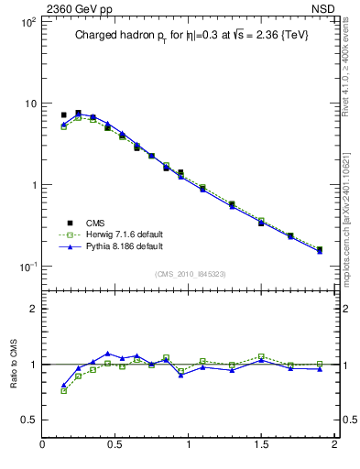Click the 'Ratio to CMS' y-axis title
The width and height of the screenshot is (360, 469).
pos(15,364)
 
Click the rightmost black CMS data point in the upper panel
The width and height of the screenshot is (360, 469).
pos(319,249)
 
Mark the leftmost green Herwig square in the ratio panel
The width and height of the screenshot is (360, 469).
pos(63,390)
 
